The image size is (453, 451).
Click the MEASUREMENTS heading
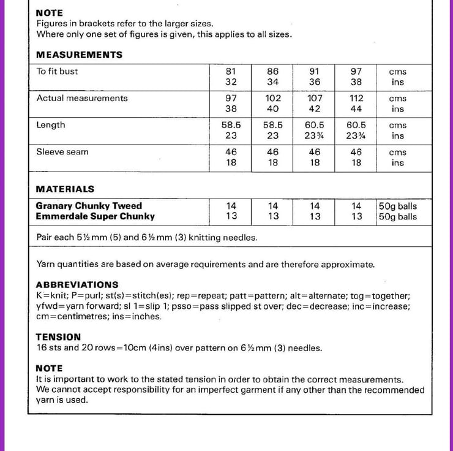tap(79, 55)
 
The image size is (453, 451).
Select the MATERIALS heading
tap(65, 189)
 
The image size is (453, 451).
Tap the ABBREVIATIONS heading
tap(77, 284)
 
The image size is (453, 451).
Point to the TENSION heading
tap(58, 336)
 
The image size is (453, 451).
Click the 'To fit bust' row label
tap(57, 71)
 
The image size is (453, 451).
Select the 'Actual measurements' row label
tap(82, 98)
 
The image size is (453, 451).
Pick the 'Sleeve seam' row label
tap(62, 152)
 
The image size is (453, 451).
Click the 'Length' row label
tap(51, 125)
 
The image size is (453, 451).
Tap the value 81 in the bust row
tap(231, 71)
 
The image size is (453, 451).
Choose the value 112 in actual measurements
tap(356, 98)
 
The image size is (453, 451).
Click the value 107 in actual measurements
tap(315, 98)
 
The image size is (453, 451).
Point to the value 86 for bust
tap(273, 71)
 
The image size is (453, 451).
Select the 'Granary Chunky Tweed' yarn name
tap(89, 206)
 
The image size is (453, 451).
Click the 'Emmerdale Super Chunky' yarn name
tap(95, 216)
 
